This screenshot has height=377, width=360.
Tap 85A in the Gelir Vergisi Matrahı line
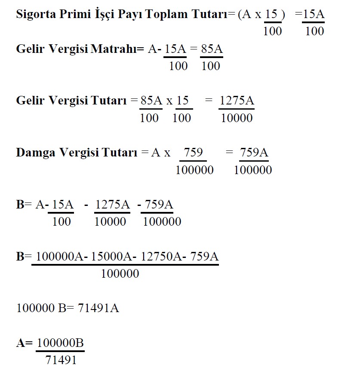tap(212, 49)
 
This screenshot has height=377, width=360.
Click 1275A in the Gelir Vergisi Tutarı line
tap(237, 101)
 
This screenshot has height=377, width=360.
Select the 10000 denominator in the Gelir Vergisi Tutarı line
tap(237, 118)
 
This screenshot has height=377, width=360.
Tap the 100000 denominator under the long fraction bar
tap(120, 273)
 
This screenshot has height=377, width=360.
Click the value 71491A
tap(99, 308)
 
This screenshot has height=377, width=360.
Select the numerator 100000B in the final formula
tap(61, 343)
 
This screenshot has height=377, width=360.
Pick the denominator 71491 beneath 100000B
tap(61, 360)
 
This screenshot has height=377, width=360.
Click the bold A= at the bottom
tap(25, 343)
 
